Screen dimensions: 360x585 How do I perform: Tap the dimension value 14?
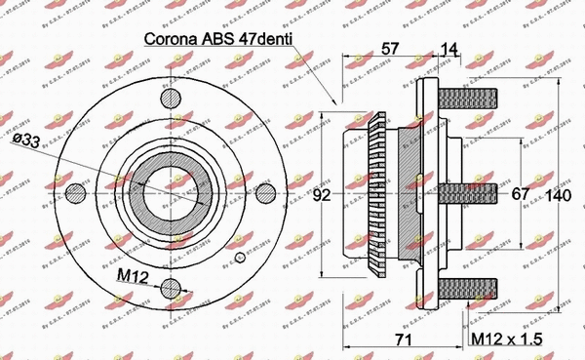[x=450, y=48]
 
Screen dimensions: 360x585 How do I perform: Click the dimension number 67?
[x=521, y=194]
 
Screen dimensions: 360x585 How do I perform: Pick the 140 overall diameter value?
[x=558, y=195]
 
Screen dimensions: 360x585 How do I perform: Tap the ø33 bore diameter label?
[x=82, y=143]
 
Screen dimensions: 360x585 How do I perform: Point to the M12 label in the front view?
[x=134, y=277]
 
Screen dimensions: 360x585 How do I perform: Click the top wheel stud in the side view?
[x=471, y=100]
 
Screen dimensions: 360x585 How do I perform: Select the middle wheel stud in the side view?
[x=471, y=192]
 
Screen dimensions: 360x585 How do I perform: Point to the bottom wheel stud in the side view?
[x=471, y=286]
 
